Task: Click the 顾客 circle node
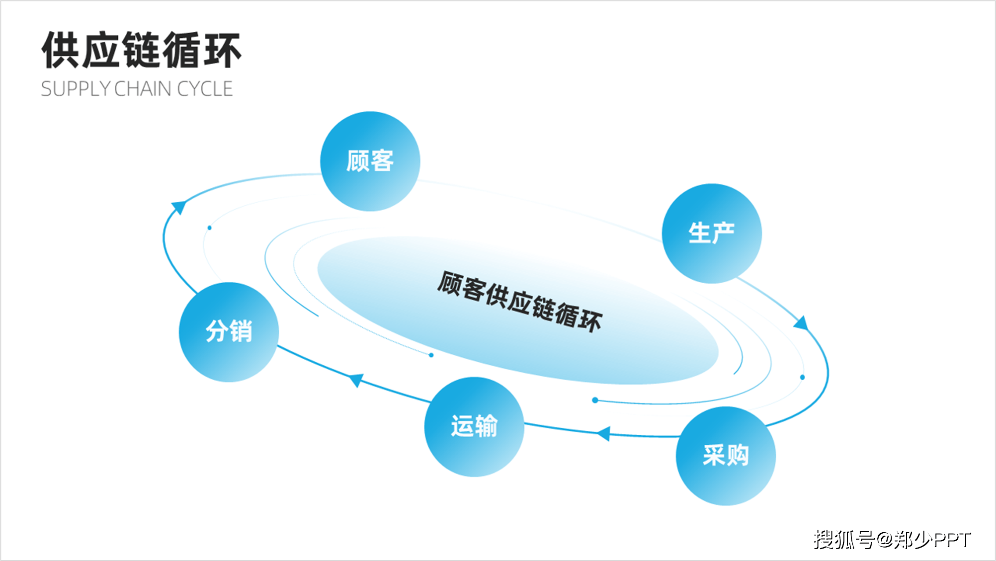click(x=370, y=161)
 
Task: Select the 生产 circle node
click(x=711, y=233)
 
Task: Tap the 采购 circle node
click(x=725, y=455)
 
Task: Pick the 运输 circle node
click(x=474, y=426)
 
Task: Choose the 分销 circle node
click(x=229, y=331)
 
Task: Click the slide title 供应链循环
click(x=141, y=50)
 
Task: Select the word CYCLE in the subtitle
click(x=205, y=89)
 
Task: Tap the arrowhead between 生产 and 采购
click(x=801, y=323)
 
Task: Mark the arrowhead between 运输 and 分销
click(x=356, y=380)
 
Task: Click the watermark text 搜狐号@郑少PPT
click(x=892, y=540)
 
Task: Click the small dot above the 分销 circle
click(x=209, y=228)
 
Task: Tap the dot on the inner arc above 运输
click(x=431, y=355)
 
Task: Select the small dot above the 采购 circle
click(x=802, y=377)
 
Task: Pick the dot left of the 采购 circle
click(x=595, y=400)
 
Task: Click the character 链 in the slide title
click(x=141, y=50)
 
